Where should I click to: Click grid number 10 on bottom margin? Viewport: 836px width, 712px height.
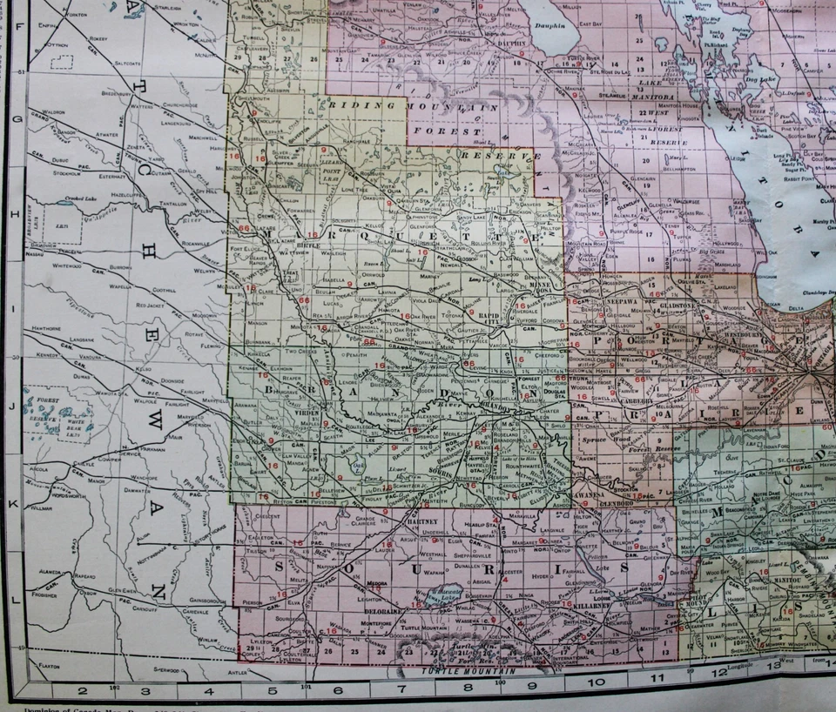[596, 691]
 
